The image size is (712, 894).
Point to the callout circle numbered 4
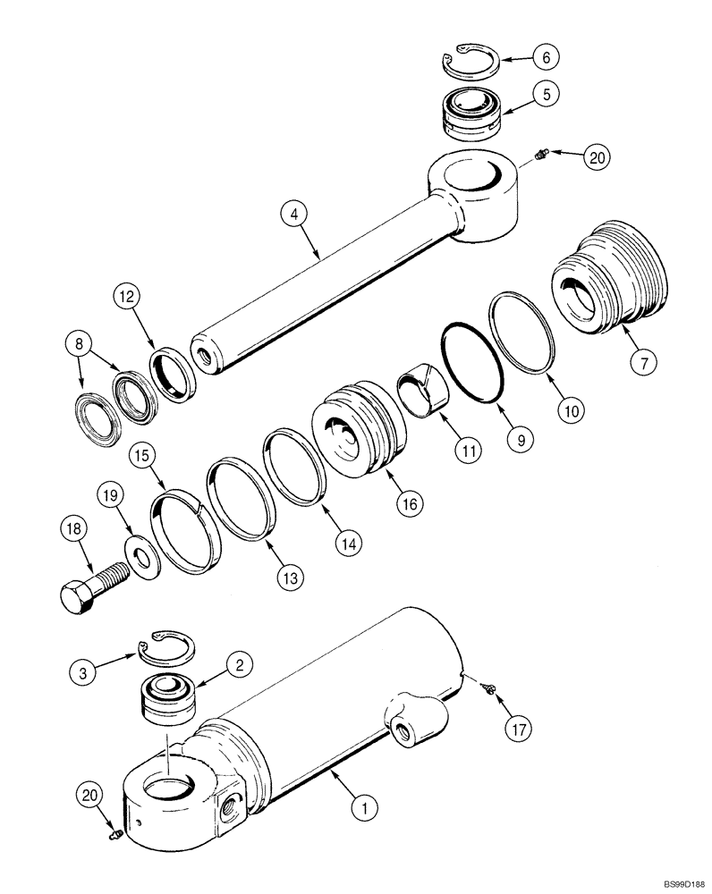pos(293,215)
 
